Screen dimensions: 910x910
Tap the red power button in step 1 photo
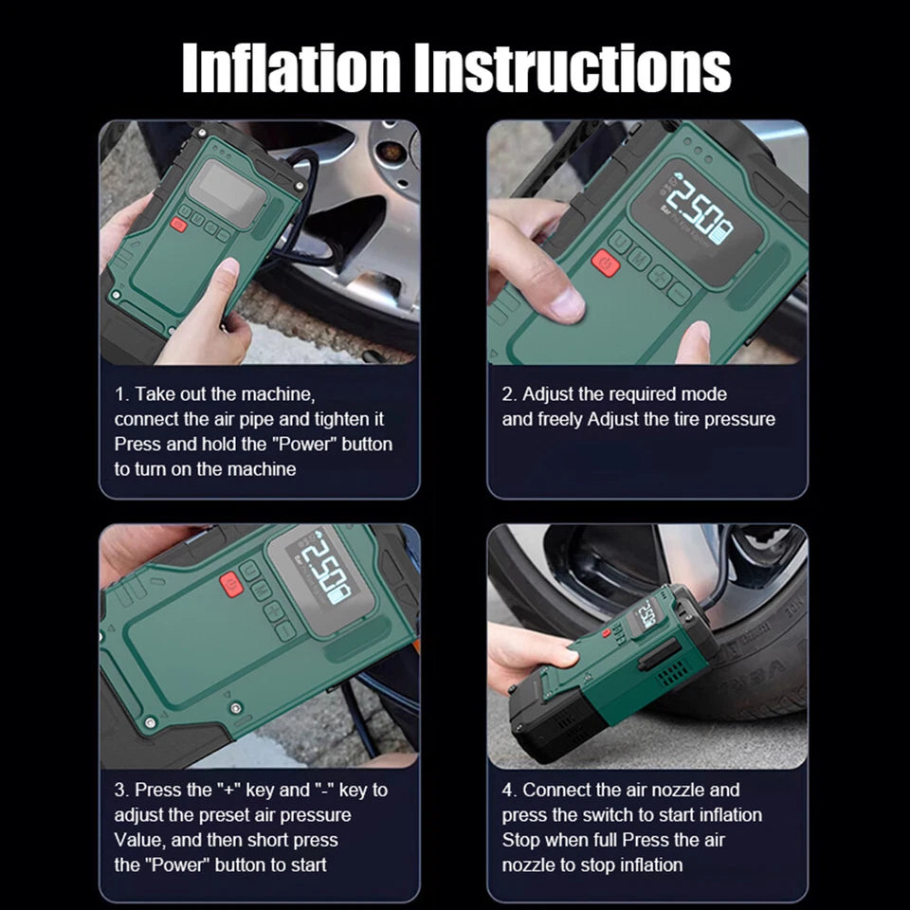[179, 225]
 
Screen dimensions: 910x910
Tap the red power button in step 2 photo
[606, 263]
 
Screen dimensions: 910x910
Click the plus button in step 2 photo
[659, 276]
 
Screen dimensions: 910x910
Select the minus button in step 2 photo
[679, 292]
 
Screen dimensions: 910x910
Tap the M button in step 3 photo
[261, 591]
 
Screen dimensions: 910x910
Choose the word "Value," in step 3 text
[140, 840]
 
